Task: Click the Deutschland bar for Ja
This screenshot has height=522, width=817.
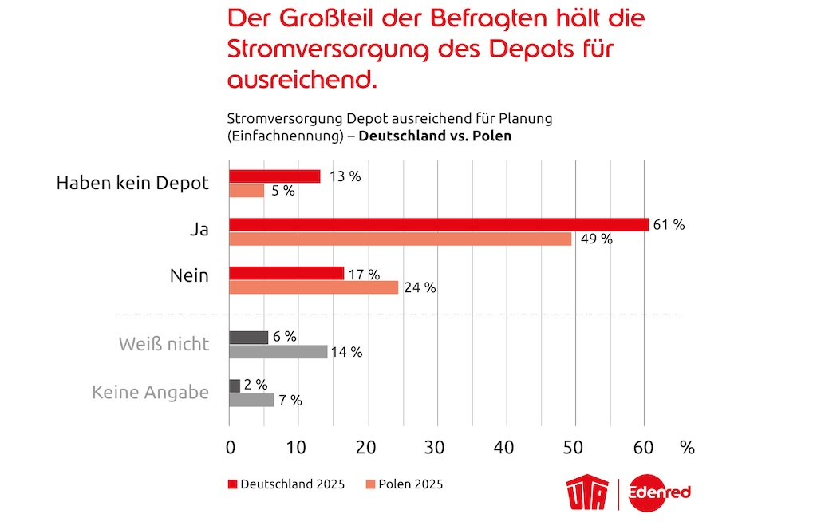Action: (439, 225)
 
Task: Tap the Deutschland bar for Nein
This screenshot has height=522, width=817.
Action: (286, 273)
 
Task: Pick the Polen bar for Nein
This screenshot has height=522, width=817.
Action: (314, 287)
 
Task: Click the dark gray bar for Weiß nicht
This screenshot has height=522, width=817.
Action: (249, 337)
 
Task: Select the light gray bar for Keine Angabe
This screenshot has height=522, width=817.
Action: (251, 400)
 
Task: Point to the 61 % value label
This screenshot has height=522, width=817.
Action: (669, 225)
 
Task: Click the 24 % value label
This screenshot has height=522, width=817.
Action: (420, 288)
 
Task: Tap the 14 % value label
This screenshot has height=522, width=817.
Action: (346, 351)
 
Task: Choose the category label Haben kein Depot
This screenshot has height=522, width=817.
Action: (132, 183)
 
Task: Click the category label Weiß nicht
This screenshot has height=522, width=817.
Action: (164, 344)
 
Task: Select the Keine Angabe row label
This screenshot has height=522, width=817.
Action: (150, 392)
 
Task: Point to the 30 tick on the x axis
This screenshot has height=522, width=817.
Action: (435, 448)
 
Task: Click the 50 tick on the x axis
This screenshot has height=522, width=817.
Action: (572, 448)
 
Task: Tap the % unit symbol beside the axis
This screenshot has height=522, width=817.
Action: (687, 448)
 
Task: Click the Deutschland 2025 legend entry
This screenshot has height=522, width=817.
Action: (286, 484)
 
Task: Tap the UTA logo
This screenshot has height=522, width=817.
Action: (588, 493)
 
